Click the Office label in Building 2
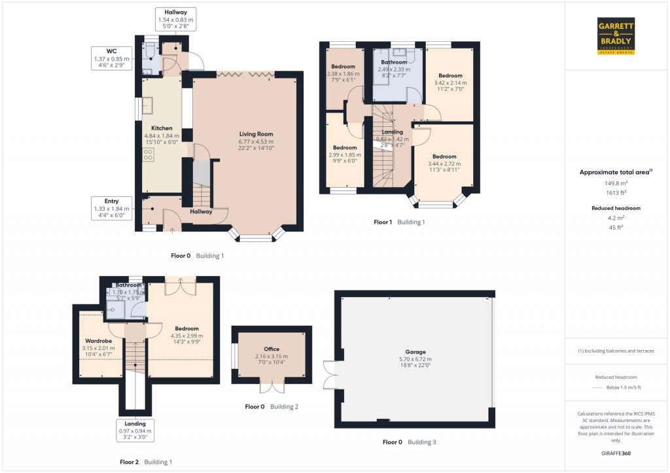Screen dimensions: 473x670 [272, 349]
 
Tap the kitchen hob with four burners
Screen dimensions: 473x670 [148, 155]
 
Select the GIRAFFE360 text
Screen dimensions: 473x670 [615, 453]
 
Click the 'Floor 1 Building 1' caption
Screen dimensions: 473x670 [399, 222]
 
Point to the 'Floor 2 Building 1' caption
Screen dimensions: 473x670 [146, 462]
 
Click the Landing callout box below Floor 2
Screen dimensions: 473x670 [135, 427]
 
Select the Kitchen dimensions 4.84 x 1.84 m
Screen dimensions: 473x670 [162, 135]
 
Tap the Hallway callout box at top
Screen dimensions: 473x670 [175, 20]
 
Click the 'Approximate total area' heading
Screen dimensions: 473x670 [615, 172]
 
